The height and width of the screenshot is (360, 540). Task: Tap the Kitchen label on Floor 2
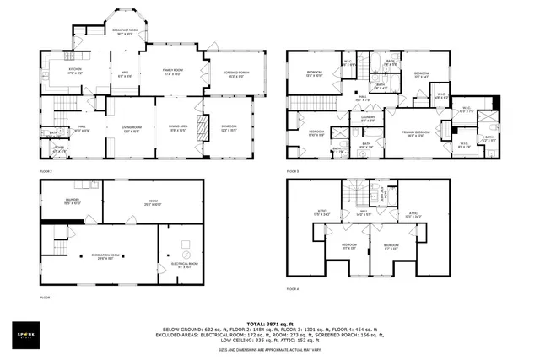coord(75,71)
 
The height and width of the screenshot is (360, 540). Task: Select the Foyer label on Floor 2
coord(59,151)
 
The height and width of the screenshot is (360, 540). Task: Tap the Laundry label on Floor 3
coord(368,119)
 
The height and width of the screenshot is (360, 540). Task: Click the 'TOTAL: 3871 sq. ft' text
coord(269,323)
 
